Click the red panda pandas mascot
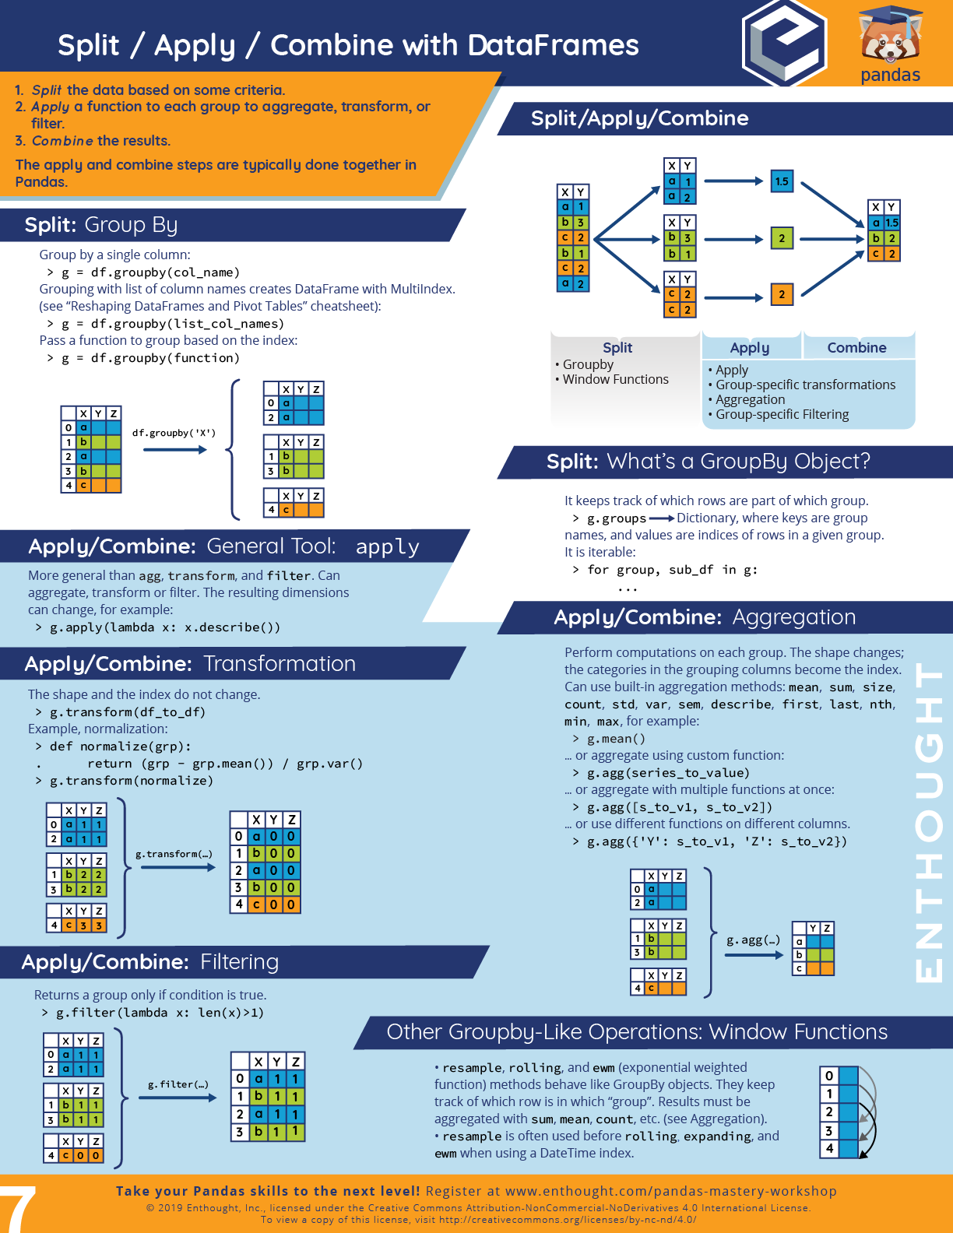890,35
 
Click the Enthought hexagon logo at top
783,43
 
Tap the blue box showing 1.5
781,181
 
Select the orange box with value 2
781,294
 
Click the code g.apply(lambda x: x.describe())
164,627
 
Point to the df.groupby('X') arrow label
174,433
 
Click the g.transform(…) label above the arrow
174,854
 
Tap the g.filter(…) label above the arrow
178,1084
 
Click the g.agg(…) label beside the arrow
753,940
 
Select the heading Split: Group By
101,225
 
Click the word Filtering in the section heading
239,962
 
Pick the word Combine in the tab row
856,348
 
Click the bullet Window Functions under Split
615,379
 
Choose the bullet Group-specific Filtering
782,414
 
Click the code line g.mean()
616,739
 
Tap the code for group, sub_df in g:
672,570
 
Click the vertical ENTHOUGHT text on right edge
929,821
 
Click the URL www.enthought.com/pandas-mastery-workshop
670,1191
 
